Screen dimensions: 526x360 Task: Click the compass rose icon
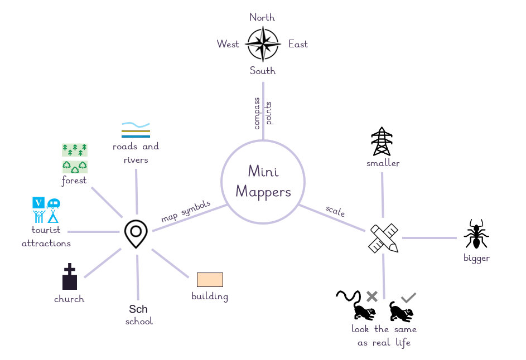click(x=263, y=44)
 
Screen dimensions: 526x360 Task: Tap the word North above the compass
click(x=262, y=17)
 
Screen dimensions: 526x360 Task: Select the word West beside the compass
click(x=228, y=44)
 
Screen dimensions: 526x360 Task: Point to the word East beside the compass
click(x=298, y=44)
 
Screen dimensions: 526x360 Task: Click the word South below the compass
click(x=263, y=71)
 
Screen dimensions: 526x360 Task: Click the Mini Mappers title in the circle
click(x=263, y=182)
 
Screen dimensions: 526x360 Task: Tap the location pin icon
click(x=136, y=234)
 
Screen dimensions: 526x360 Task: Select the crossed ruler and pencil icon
click(x=384, y=238)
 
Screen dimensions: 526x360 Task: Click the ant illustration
click(x=476, y=234)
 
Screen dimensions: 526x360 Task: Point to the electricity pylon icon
click(x=382, y=141)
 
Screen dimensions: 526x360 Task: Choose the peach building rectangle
click(x=210, y=280)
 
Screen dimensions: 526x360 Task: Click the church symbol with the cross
click(x=70, y=276)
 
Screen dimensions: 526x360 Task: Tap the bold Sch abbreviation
click(x=138, y=309)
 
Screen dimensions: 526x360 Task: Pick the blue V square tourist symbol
click(x=38, y=203)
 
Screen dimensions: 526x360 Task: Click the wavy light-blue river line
click(x=136, y=125)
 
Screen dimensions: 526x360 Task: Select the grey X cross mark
click(x=372, y=296)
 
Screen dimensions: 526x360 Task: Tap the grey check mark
click(x=409, y=298)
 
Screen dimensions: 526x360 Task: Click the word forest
click(x=74, y=181)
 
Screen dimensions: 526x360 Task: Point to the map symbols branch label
click(x=186, y=211)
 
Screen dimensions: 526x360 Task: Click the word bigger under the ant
click(x=476, y=259)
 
